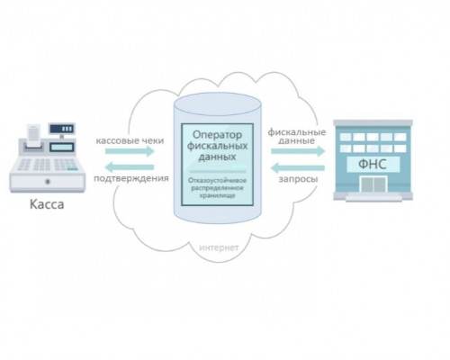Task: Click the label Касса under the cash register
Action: (x=47, y=204)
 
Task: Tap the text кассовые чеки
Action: (x=130, y=140)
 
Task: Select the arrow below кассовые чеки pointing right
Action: (x=130, y=151)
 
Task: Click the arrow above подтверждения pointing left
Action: (x=130, y=167)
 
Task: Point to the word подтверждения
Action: (x=131, y=178)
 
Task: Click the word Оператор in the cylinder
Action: (x=217, y=135)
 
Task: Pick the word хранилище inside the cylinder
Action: (x=218, y=195)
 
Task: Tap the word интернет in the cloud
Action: (x=219, y=247)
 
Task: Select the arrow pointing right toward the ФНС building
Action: (x=298, y=151)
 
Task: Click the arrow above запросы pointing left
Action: (x=298, y=167)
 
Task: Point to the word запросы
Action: (x=298, y=179)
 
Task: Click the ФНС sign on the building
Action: (x=373, y=165)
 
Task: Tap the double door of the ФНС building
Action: (x=373, y=184)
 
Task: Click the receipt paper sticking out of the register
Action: (x=33, y=134)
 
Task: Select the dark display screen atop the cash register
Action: (x=62, y=129)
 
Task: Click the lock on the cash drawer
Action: (x=48, y=182)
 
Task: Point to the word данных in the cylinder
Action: (x=217, y=157)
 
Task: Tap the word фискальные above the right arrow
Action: (x=297, y=132)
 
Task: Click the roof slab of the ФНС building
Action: (x=373, y=122)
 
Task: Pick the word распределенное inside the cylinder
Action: (x=218, y=188)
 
